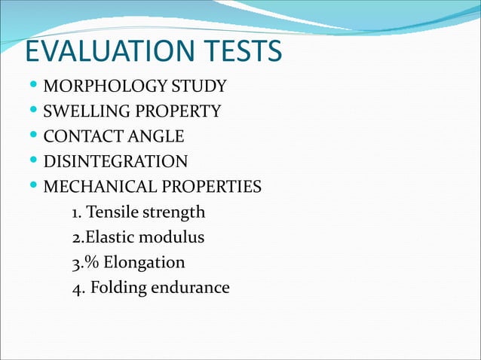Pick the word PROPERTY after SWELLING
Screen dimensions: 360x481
[x=176, y=112]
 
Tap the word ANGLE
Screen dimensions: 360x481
[x=155, y=137]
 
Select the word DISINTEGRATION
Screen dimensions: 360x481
[x=115, y=162]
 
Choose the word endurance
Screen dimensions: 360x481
[x=192, y=288]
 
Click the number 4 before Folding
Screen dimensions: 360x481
[x=75, y=288]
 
